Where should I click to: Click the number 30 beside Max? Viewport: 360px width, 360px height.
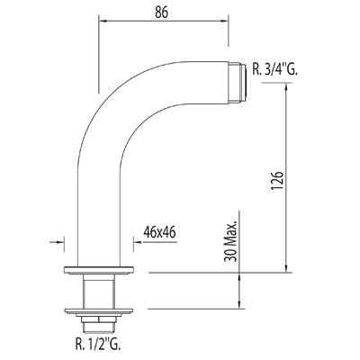tap(231, 261)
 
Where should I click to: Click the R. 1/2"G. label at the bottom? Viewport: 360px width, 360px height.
tap(99, 342)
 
